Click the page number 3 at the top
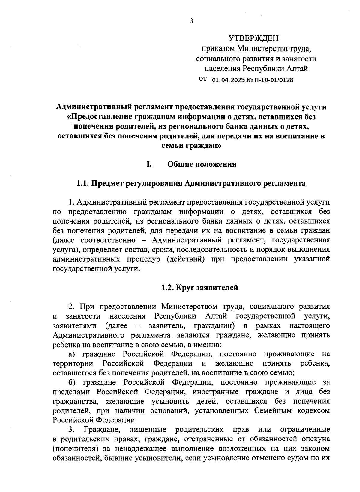click(x=191, y=21)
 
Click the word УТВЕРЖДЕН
click(x=253, y=38)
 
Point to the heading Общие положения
click(x=202, y=164)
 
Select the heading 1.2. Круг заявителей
click(x=199, y=288)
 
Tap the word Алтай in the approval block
click(x=297, y=69)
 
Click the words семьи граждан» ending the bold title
click(x=191, y=146)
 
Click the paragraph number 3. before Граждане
click(x=71, y=430)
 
